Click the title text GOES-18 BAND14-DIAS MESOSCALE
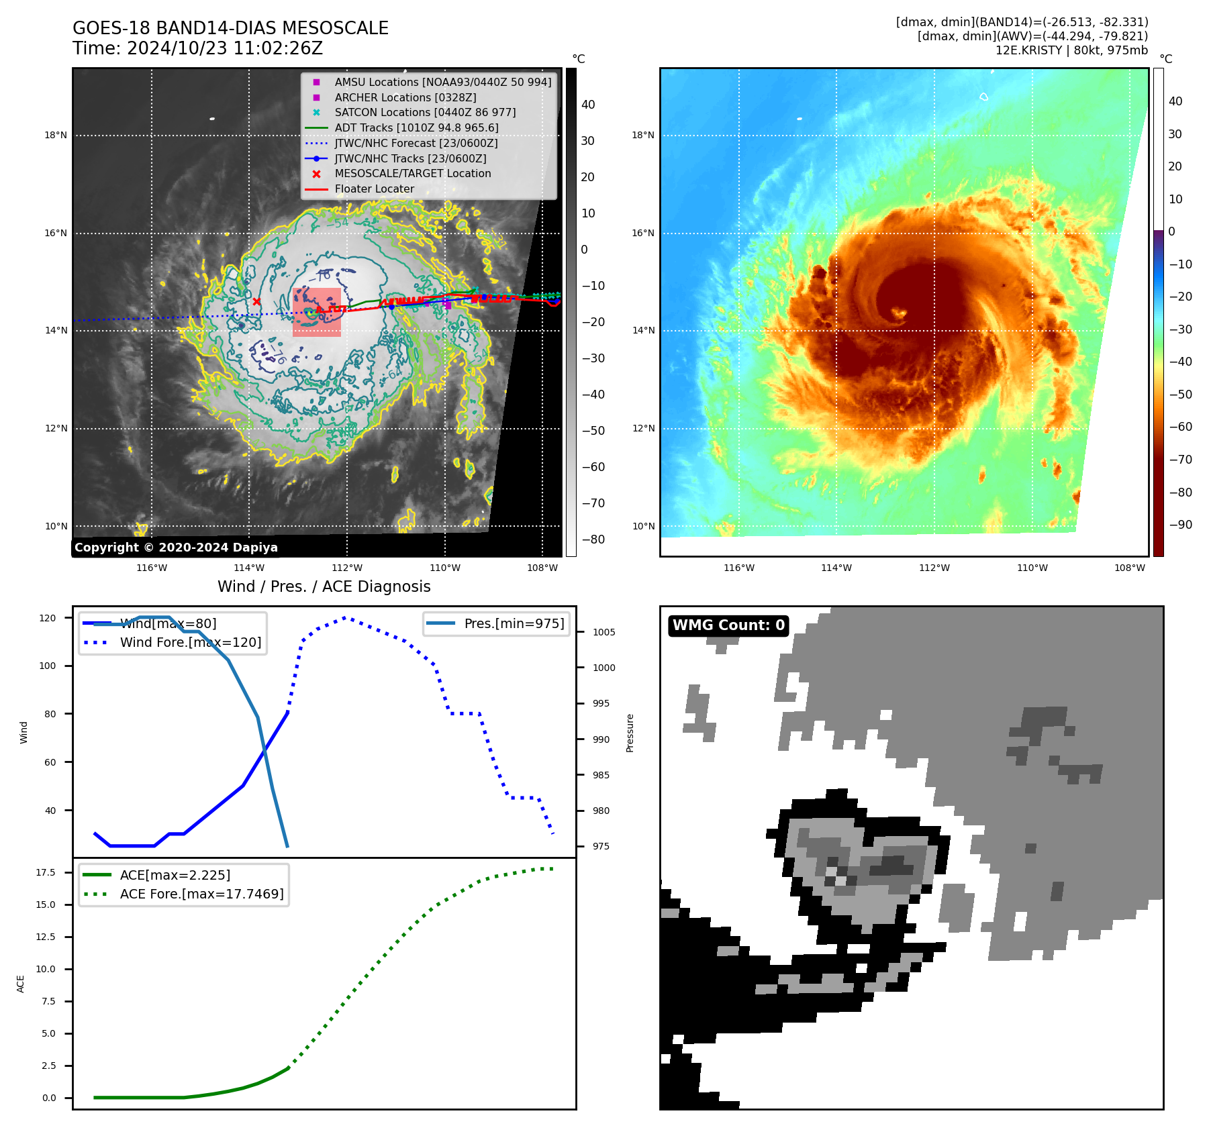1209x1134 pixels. click(x=230, y=28)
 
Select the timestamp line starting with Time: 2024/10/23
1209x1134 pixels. click(x=197, y=48)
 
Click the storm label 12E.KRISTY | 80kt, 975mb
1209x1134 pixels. click(x=1071, y=50)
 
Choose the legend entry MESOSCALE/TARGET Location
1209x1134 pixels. click(x=412, y=173)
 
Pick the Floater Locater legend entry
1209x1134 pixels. click(x=374, y=189)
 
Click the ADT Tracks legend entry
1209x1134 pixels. click(x=416, y=127)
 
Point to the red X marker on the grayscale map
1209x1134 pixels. click(x=256, y=302)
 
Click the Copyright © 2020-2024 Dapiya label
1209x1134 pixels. click(x=176, y=548)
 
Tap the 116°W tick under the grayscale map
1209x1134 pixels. click(x=152, y=568)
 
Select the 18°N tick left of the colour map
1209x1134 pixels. click(x=642, y=135)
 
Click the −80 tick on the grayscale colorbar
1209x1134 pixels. click(x=593, y=539)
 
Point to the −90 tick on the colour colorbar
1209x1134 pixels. click(x=1180, y=525)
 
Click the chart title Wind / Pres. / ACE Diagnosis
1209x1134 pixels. click(x=324, y=586)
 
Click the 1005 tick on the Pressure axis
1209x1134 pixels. click(x=603, y=632)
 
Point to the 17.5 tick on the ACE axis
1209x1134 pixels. click(x=46, y=872)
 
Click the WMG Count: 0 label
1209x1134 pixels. click(x=728, y=625)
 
